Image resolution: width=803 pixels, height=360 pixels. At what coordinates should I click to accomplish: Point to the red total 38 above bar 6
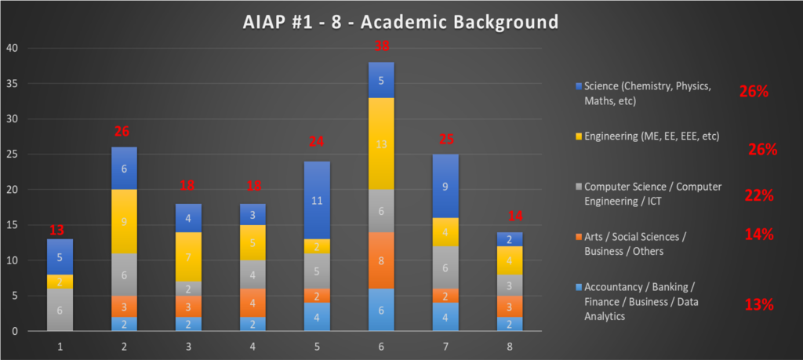(381, 45)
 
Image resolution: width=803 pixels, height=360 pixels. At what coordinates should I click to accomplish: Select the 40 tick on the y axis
(12, 49)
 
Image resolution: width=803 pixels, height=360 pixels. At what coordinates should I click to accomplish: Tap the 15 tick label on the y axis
(12, 225)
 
